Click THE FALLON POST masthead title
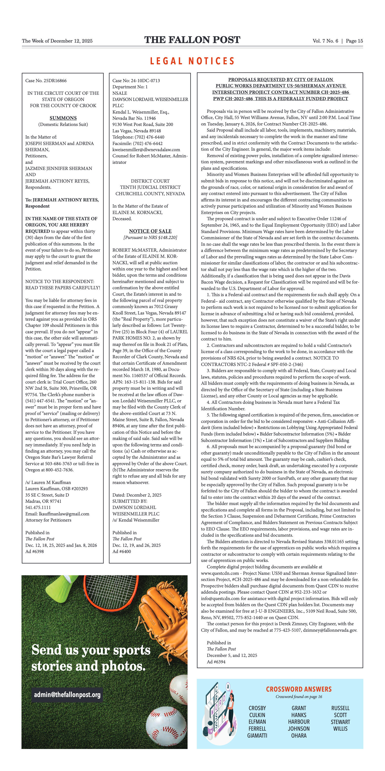point(192,40)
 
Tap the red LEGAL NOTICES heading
point(192,61)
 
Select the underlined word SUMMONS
point(63,118)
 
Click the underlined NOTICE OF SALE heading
point(150,231)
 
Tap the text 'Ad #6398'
point(34,551)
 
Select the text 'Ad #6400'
point(122,551)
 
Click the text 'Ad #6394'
point(216,662)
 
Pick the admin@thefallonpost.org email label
point(67,694)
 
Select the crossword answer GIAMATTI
point(257,735)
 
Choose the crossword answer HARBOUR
point(299,722)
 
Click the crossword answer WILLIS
point(340,728)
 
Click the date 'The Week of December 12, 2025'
point(57,41)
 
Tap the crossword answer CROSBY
point(257,708)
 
